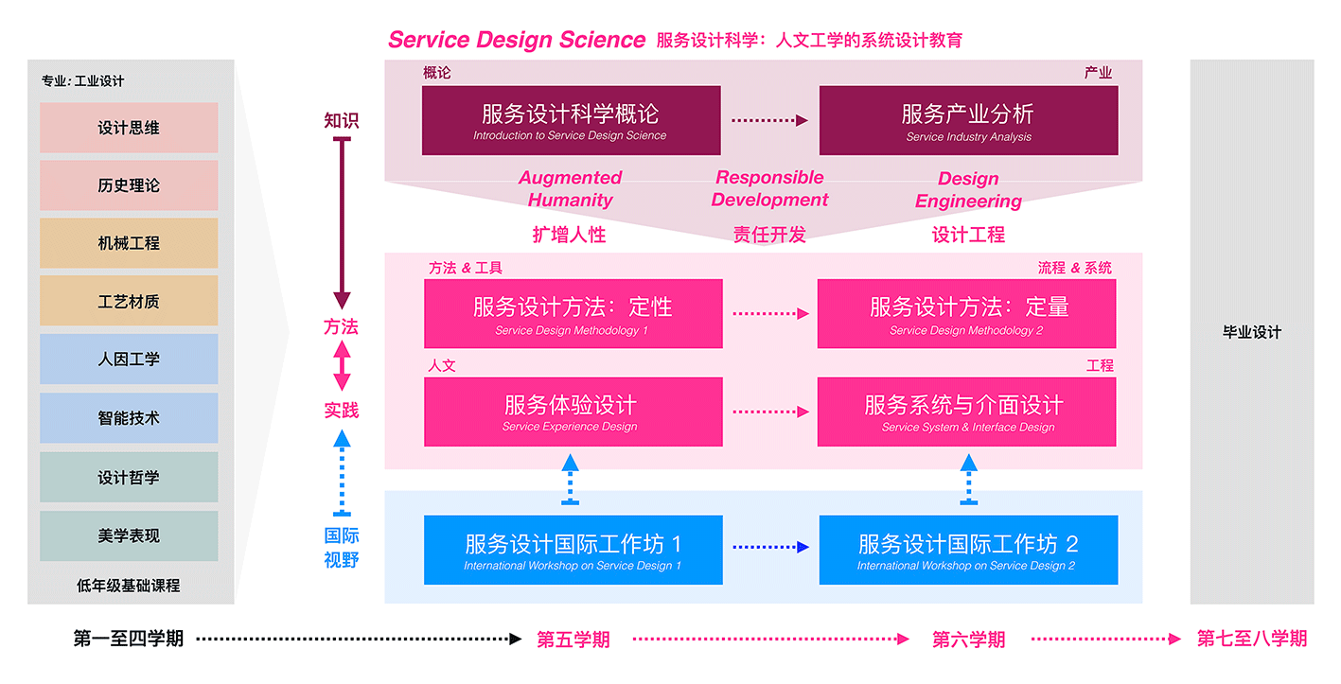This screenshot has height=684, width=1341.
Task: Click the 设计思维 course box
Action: [129, 128]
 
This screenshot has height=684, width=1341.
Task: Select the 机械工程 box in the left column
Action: [129, 243]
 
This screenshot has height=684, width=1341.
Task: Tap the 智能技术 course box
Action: [129, 418]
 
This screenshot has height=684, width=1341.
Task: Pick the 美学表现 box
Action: [129, 535]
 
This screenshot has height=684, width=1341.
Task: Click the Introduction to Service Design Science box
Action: [571, 120]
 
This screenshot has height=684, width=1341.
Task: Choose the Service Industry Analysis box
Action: [969, 120]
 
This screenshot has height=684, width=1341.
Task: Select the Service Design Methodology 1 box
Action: [573, 313]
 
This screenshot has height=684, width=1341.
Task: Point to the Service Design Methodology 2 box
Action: [967, 313]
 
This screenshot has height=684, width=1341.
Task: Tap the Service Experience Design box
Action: [573, 412]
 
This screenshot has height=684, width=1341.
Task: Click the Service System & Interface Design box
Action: [967, 412]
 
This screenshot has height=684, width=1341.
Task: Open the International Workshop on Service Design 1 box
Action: [573, 550]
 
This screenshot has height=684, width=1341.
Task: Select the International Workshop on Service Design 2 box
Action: [969, 550]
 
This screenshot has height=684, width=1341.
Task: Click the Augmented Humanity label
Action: [570, 188]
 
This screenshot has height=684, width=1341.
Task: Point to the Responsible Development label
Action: [770, 188]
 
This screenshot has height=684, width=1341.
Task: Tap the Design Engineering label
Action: [969, 190]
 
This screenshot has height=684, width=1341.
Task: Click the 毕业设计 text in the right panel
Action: [1252, 332]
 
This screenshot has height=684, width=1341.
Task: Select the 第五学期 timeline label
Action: [573, 640]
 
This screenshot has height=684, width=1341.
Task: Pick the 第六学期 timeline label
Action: [969, 640]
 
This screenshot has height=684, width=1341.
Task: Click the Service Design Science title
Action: [517, 40]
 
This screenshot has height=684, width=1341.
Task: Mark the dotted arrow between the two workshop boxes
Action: [771, 547]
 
